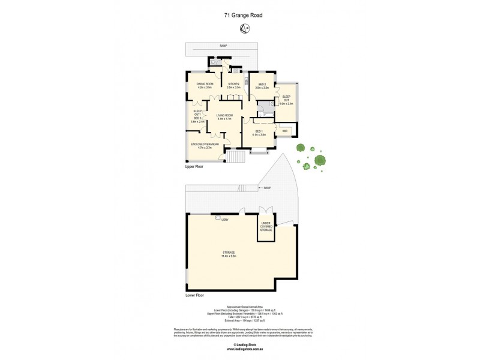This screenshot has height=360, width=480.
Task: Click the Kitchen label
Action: [x=233, y=85]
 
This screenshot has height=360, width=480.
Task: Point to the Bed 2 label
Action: [x=262, y=85]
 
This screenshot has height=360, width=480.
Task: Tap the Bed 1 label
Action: [x=260, y=133]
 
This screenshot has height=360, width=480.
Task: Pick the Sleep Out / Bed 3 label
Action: [x=197, y=116]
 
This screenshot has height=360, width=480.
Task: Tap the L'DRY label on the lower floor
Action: [x=225, y=219]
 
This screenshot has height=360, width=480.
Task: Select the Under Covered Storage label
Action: [x=266, y=227]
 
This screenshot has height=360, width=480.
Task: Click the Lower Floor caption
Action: [x=195, y=296]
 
